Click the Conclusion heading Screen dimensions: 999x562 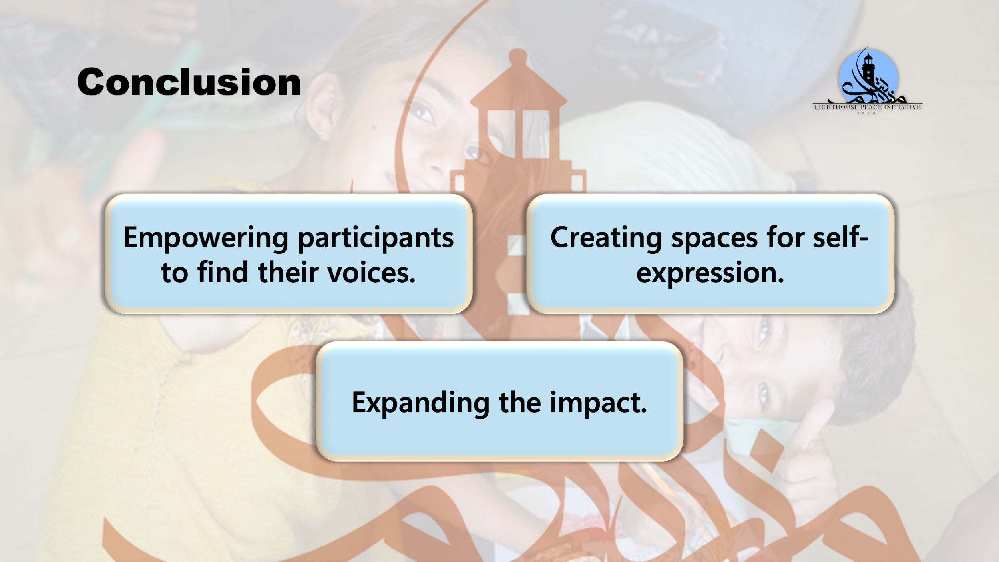coord(189,82)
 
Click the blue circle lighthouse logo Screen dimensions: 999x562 coord(868,78)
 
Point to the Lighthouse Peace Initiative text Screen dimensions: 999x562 coord(868,107)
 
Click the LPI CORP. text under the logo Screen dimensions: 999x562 coord(868,113)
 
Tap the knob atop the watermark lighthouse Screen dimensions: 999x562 coord(518,56)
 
